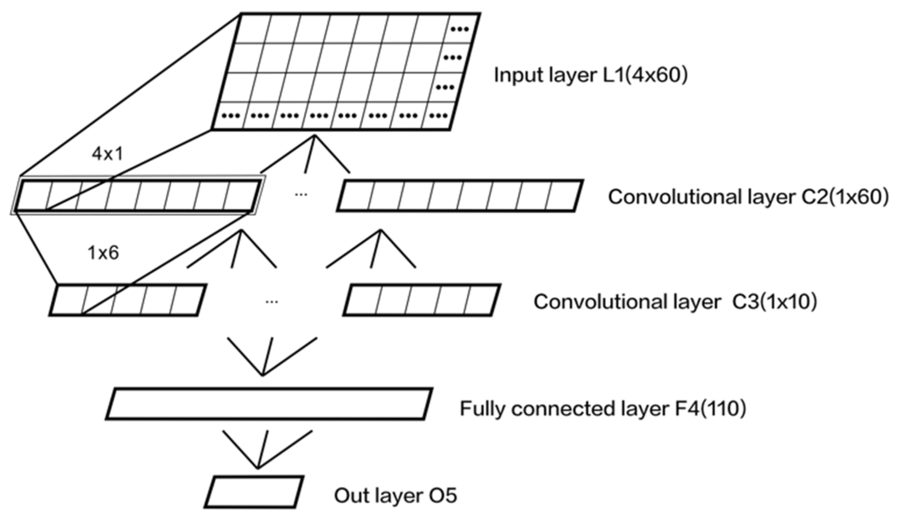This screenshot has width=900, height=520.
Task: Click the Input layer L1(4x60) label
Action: click(x=590, y=75)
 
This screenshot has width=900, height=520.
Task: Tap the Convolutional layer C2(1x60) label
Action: click(x=748, y=197)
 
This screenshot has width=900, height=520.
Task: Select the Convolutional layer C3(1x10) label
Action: click(x=675, y=302)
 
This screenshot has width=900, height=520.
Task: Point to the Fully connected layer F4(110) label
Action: click(x=603, y=409)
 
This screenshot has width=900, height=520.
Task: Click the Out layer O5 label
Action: click(x=395, y=496)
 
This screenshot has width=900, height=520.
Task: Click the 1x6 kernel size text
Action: click(x=103, y=253)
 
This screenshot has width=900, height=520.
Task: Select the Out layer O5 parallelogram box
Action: click(x=254, y=492)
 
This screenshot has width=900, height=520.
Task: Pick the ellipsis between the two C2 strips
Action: click(x=301, y=195)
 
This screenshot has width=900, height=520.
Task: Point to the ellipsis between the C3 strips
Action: click(x=272, y=302)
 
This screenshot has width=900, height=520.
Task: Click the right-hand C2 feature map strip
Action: click(x=460, y=196)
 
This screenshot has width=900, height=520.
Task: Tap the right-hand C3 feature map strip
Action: click(x=421, y=300)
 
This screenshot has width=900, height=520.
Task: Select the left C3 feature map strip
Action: click(x=128, y=300)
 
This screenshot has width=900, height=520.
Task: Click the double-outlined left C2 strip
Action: click(x=138, y=196)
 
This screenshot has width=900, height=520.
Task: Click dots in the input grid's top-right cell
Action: click(x=460, y=29)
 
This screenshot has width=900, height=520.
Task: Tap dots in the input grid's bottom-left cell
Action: click(x=231, y=116)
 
